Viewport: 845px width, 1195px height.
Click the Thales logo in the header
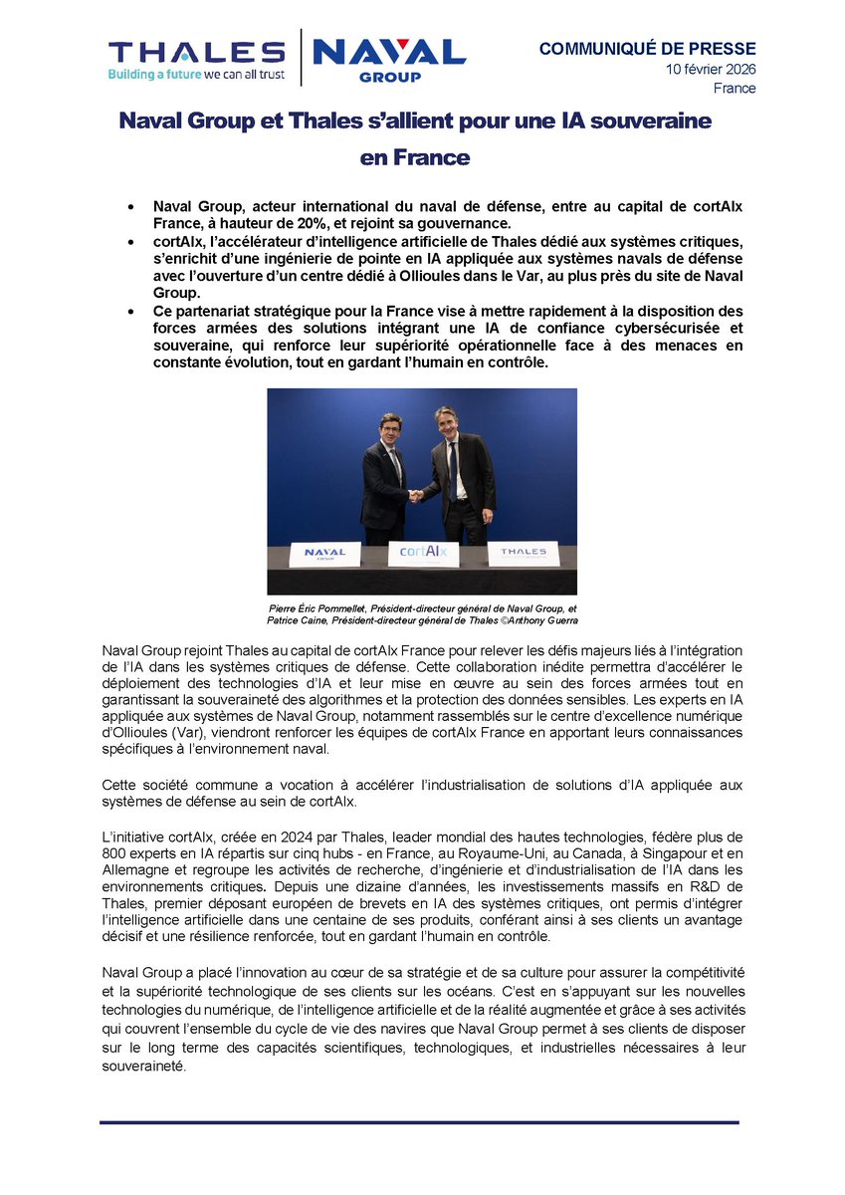(x=196, y=53)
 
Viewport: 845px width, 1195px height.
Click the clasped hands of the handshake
(x=416, y=495)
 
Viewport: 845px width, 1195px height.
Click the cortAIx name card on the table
(x=423, y=552)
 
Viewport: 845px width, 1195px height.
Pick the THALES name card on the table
(x=523, y=552)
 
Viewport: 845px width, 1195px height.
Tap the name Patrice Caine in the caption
(x=300, y=620)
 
